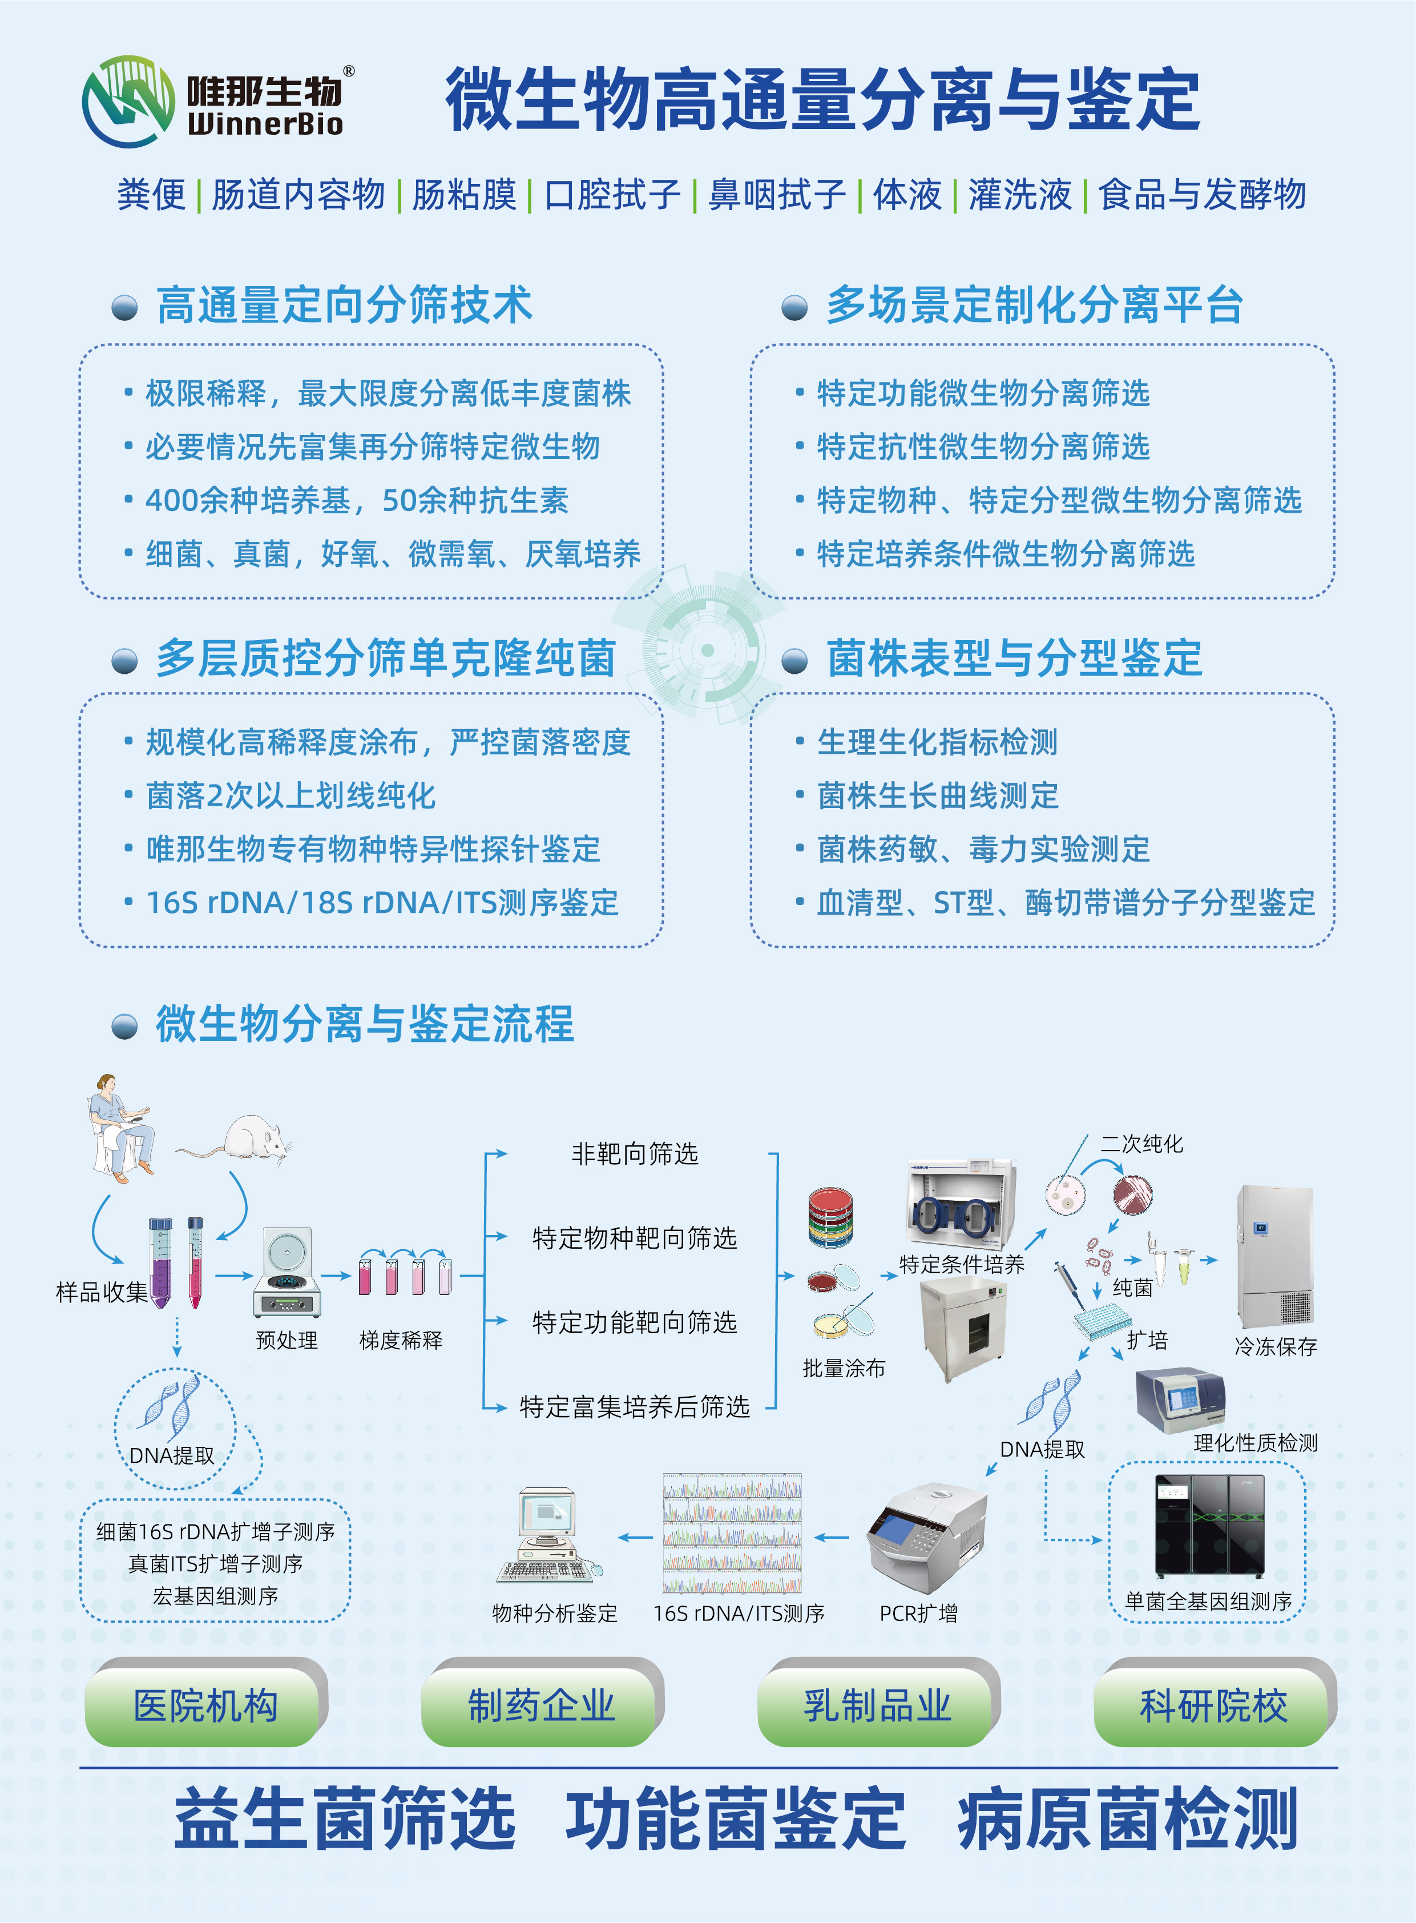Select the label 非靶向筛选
(635, 1154)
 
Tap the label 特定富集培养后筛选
(635, 1406)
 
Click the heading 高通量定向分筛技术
(344, 305)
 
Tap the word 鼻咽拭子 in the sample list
(777, 195)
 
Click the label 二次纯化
(1141, 1144)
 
